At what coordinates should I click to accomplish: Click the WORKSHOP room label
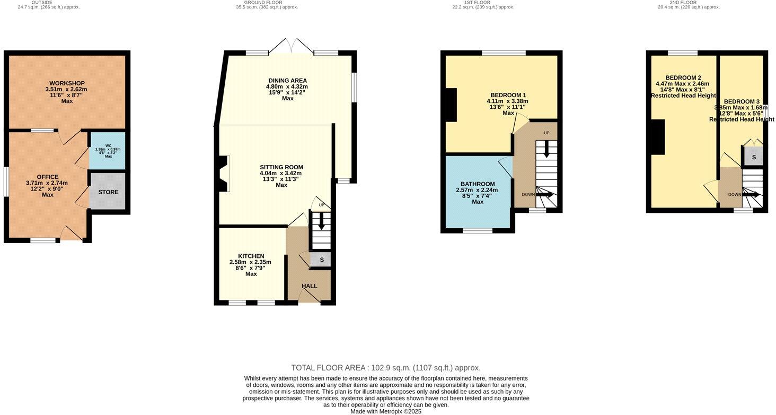(x=67, y=83)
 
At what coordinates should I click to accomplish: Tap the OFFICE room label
(x=48, y=177)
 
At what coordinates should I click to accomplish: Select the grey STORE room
(x=108, y=192)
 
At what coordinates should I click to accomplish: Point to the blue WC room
(x=108, y=150)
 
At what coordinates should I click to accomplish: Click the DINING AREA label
(x=287, y=81)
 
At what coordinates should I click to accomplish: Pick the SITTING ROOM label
(x=281, y=167)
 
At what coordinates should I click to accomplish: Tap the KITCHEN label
(x=251, y=256)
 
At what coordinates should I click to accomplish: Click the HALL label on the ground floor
(x=310, y=286)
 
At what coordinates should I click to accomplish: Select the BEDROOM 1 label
(x=508, y=95)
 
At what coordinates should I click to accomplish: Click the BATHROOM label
(x=478, y=184)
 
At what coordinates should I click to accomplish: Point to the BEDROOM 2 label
(x=683, y=77)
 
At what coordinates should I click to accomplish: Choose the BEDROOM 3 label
(x=742, y=101)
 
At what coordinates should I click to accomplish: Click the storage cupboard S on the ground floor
(x=321, y=260)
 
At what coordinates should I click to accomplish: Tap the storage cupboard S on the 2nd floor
(x=754, y=157)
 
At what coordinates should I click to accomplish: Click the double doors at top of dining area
(x=291, y=46)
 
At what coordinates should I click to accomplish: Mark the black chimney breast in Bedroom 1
(x=451, y=105)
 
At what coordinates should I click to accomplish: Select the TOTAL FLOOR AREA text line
(x=386, y=368)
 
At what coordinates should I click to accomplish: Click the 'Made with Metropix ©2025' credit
(x=386, y=411)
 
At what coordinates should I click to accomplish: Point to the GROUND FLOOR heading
(x=267, y=3)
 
